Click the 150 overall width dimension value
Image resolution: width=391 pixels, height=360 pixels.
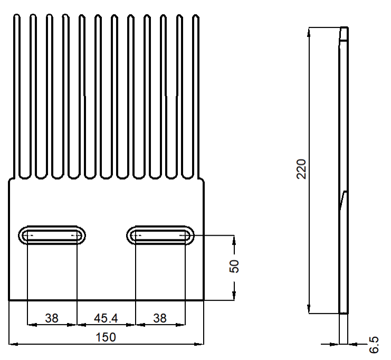click(106, 337)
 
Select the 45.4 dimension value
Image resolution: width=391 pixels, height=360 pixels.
click(106, 318)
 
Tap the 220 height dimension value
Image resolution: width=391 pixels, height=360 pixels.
click(301, 169)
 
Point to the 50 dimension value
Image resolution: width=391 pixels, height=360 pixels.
click(234, 266)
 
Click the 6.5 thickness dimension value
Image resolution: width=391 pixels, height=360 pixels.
click(374, 345)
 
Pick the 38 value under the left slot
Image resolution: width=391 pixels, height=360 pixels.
click(52, 318)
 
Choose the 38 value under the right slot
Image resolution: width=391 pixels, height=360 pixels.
click(160, 318)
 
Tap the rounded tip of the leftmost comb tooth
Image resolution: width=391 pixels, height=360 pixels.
click(16, 15)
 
